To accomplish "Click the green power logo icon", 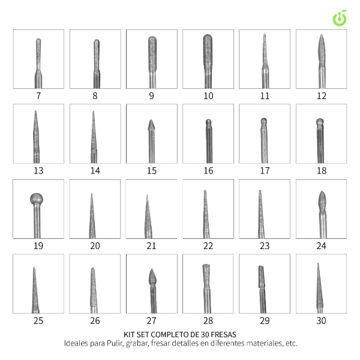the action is click(x=340, y=18).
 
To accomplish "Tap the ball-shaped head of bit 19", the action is click(x=37, y=199).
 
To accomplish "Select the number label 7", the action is click(x=38, y=96).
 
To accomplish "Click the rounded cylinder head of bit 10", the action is click(x=208, y=52).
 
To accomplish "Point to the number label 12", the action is click(x=322, y=96).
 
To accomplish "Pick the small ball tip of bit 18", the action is click(x=320, y=122).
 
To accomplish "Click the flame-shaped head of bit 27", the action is click(x=152, y=277).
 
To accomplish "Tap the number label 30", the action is click(x=321, y=321).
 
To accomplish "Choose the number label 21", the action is click(x=152, y=246).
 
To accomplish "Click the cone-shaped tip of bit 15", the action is click(x=151, y=125).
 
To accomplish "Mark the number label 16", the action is click(x=208, y=171).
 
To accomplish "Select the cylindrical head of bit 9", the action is click(x=152, y=54).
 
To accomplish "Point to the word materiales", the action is click(x=265, y=343).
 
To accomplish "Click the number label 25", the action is click(x=38, y=321).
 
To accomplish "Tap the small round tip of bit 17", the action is click(x=264, y=121).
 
